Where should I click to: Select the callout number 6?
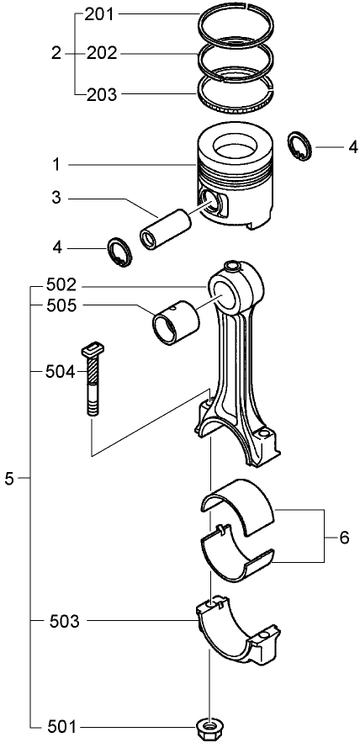pyautogui.click(x=343, y=536)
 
